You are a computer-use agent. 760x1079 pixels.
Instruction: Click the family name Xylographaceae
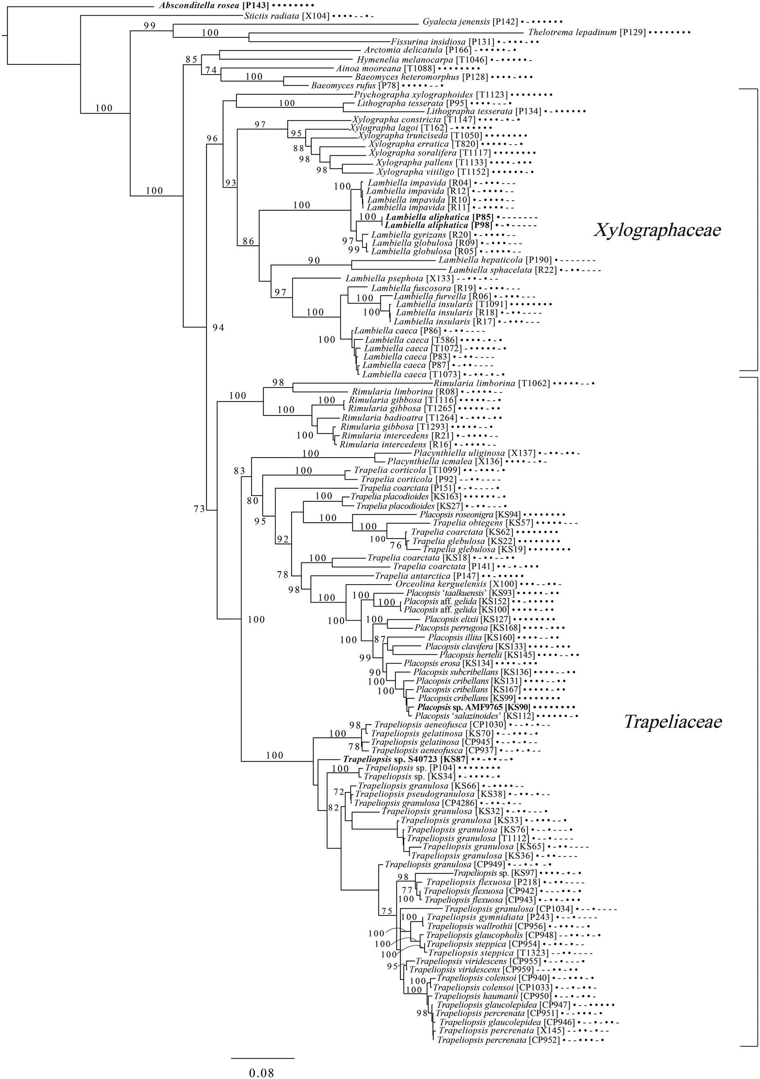coord(658,230)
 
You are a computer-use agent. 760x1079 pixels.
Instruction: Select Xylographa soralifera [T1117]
coord(430,153)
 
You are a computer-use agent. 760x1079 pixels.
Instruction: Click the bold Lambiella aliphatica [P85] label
coord(439,218)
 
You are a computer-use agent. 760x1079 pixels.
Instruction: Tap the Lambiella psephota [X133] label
coord(399,279)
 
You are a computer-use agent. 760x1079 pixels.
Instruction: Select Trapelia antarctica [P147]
coord(427,576)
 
